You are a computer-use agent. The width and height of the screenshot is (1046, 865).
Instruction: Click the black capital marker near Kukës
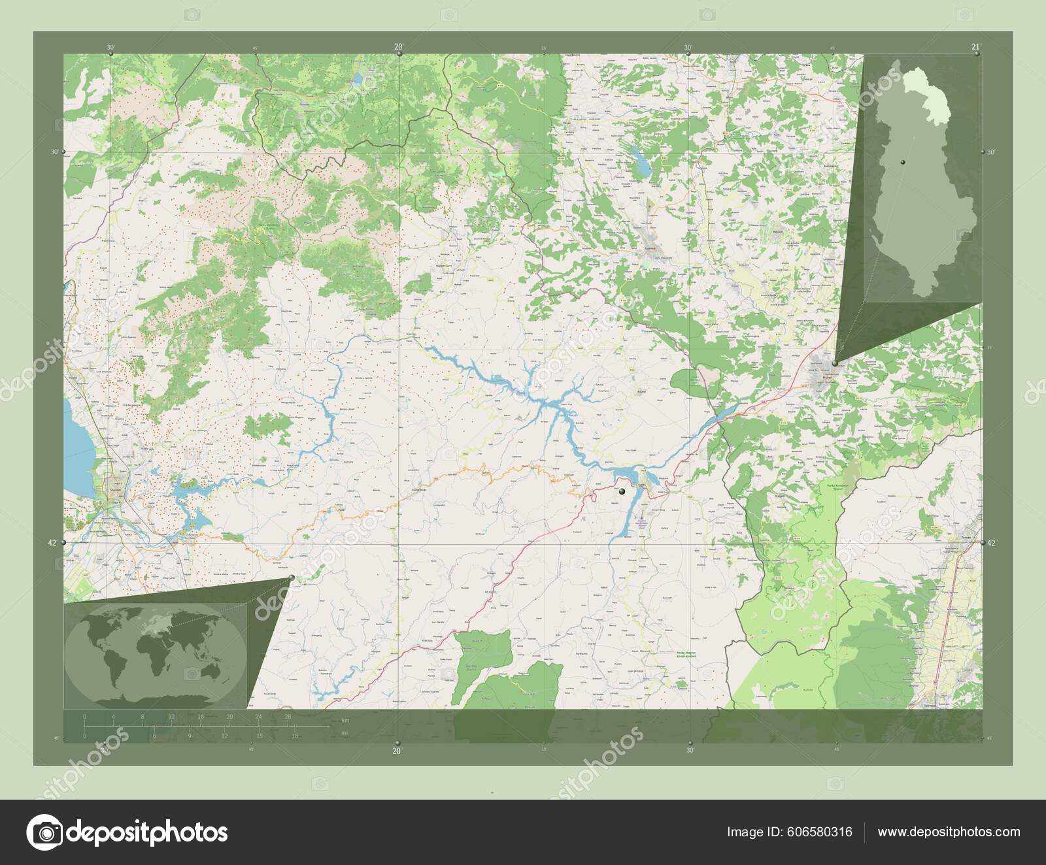tap(622, 491)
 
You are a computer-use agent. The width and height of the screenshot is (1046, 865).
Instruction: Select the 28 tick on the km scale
tap(288, 717)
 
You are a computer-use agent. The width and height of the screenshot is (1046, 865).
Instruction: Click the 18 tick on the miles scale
tap(295, 736)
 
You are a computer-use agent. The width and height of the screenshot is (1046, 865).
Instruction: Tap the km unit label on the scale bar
tap(345, 721)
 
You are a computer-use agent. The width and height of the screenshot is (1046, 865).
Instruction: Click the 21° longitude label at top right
tap(975, 46)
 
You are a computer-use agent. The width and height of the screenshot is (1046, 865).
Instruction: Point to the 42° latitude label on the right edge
tap(992, 543)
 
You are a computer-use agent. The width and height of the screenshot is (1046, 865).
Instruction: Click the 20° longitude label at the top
tap(397, 46)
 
